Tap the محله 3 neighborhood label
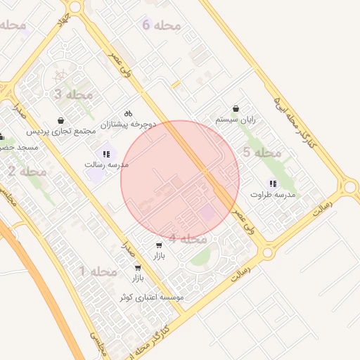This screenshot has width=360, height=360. click(x=73, y=94)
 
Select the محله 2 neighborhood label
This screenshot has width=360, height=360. click(x=27, y=171)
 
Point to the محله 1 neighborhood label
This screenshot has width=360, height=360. click(x=97, y=271)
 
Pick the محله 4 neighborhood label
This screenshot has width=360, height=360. click(x=188, y=239)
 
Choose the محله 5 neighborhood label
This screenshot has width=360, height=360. click(x=262, y=153)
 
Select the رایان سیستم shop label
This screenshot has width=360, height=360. click(x=236, y=120)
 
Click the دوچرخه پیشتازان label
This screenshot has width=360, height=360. click(x=127, y=124)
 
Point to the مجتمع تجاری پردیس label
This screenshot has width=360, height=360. click(x=61, y=131)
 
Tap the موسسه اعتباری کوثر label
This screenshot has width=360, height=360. click(x=151, y=297)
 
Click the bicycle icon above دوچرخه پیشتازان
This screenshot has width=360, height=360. click(x=128, y=113)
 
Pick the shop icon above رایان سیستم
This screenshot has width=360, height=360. click(x=236, y=109)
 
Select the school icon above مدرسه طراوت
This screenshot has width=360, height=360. click(x=273, y=184)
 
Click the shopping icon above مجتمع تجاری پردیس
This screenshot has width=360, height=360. click(x=62, y=120)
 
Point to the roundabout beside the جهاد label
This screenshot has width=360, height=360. click(x=76, y=7)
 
